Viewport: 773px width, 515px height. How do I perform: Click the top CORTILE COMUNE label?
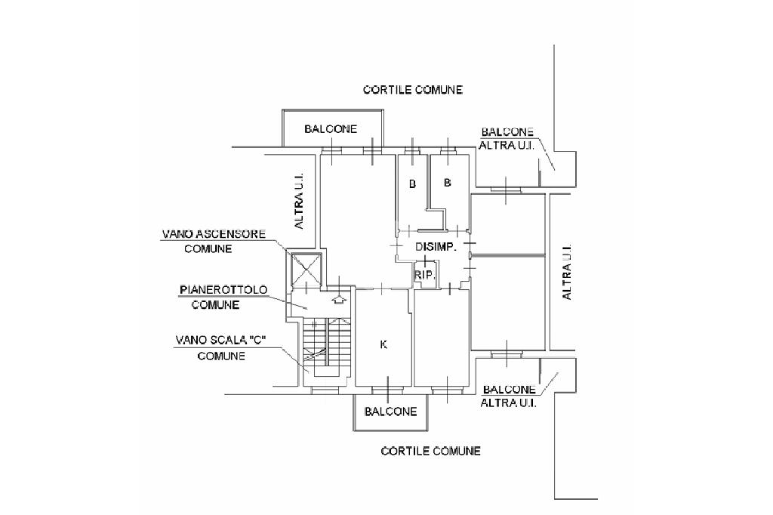(x=412, y=90)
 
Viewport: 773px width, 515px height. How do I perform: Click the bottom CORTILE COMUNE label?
(x=430, y=451)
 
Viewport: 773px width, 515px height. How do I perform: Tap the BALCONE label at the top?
(x=331, y=129)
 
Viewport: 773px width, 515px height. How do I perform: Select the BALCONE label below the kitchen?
(x=390, y=412)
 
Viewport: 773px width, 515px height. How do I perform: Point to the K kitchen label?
(x=383, y=345)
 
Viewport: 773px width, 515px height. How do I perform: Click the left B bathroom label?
(x=412, y=183)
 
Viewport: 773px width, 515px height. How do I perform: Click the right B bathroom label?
(x=448, y=183)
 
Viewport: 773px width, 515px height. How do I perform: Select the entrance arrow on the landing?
(x=339, y=299)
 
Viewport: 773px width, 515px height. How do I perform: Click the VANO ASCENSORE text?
(x=214, y=234)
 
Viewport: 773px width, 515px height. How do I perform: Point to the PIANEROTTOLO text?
(x=223, y=290)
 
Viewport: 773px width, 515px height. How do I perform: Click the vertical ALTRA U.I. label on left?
(x=300, y=199)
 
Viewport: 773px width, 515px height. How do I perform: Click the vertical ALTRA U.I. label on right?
(x=567, y=271)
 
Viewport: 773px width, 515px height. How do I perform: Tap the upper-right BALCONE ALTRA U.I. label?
(x=508, y=138)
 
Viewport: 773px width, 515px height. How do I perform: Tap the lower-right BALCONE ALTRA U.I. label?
(x=508, y=396)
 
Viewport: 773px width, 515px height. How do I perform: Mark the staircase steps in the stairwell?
(x=328, y=347)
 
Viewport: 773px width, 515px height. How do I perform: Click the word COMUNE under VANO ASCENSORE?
(x=208, y=248)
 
